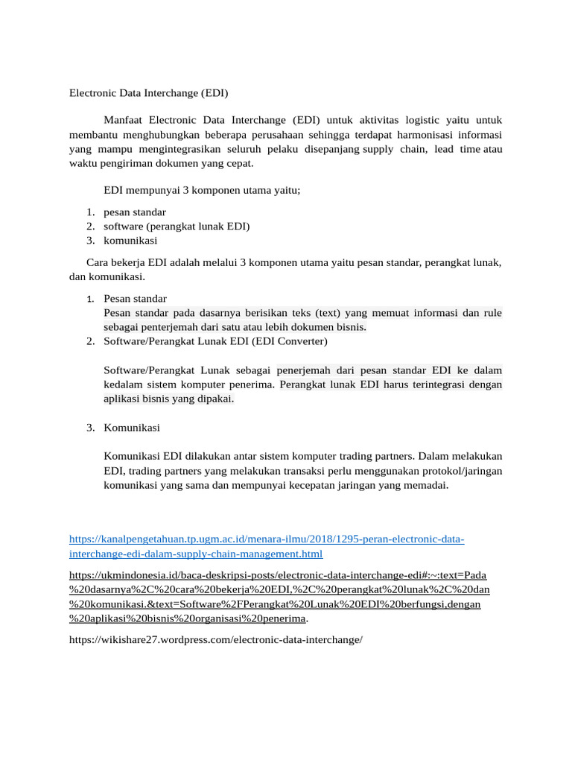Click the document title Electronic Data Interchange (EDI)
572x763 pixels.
click(x=149, y=93)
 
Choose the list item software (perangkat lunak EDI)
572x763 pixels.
click(x=177, y=227)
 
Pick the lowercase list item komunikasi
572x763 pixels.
click(x=130, y=241)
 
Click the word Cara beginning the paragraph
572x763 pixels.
click(x=98, y=262)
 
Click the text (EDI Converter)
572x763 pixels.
click(x=289, y=341)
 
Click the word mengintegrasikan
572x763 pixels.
click(x=181, y=149)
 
